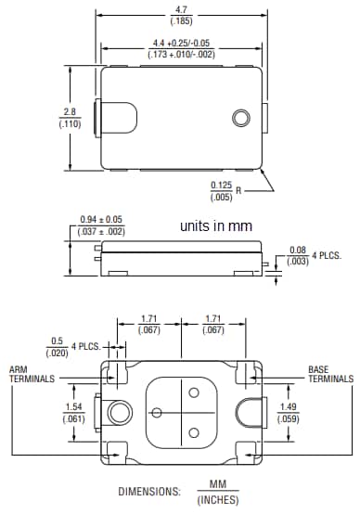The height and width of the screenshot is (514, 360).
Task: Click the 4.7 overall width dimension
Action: tap(182, 8)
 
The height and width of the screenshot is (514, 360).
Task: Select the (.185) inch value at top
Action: tap(182, 19)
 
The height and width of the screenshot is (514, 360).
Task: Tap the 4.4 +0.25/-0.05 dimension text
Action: tap(182, 43)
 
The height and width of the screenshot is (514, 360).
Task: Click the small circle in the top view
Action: tap(241, 118)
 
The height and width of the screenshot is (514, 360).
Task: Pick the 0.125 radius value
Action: tap(221, 186)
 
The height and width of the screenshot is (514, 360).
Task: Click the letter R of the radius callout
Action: tap(239, 191)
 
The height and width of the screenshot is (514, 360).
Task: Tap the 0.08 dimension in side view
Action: tap(297, 250)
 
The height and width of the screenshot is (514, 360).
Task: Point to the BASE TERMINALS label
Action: tap(330, 374)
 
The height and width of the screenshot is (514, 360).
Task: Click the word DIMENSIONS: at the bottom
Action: tap(150, 492)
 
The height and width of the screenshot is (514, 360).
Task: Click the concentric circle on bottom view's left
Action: tap(119, 412)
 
